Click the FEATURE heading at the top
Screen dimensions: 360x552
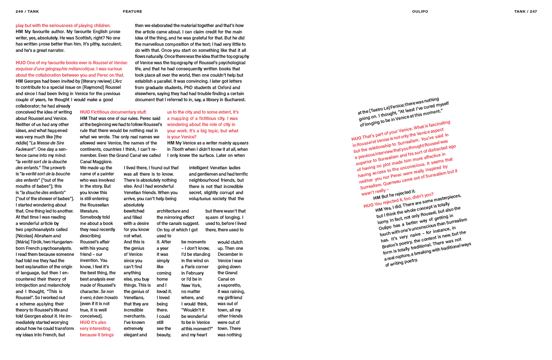[x=132, y=12]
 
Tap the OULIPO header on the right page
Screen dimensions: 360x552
[x=420, y=12]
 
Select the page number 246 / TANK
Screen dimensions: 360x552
[x=27, y=12]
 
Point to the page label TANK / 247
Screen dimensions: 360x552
[x=525, y=12]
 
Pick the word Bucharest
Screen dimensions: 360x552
[x=235, y=100]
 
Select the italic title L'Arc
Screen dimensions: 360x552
[x=117, y=81]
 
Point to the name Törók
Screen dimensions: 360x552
[x=36, y=242]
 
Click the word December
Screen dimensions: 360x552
[x=230, y=254]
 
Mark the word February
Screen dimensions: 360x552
[x=195, y=273]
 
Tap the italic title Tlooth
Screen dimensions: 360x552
[x=178, y=149]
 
